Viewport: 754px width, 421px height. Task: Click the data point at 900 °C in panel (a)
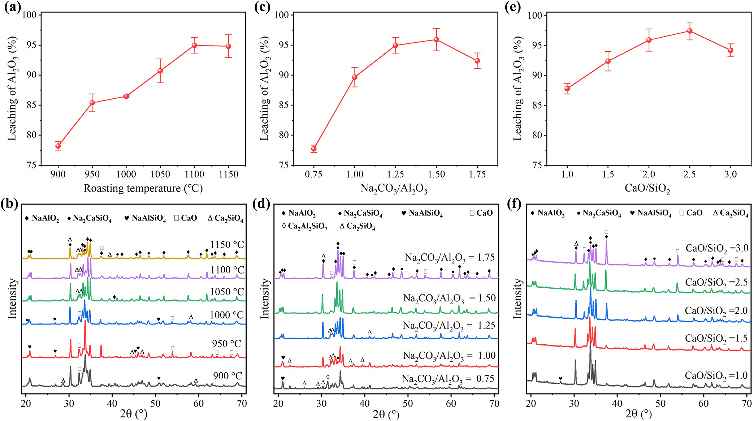pyautogui.click(x=58, y=146)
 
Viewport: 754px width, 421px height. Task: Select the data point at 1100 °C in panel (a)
pyautogui.click(x=194, y=45)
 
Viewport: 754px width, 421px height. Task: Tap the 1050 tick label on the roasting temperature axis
pyautogui.click(x=160, y=175)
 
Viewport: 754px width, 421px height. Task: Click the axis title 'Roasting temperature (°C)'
pyautogui.click(x=143, y=189)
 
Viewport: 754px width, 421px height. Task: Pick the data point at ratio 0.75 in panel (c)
pyautogui.click(x=313, y=149)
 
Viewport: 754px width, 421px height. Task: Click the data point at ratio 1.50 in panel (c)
pyautogui.click(x=436, y=39)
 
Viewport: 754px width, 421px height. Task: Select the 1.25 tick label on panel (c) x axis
pyautogui.click(x=395, y=175)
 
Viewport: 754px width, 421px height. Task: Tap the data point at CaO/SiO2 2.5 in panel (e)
pyautogui.click(x=690, y=31)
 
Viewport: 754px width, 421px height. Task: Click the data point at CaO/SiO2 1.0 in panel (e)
pyautogui.click(x=567, y=89)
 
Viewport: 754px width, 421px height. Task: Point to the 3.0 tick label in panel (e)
pyautogui.click(x=731, y=175)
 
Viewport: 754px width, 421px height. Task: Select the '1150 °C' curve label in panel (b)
pyautogui.click(x=227, y=245)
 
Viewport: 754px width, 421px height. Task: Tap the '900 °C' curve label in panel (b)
pyautogui.click(x=227, y=376)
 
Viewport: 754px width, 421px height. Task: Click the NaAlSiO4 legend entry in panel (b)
pyautogui.click(x=145, y=218)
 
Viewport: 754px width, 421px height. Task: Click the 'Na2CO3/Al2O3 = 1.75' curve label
pyautogui.click(x=450, y=258)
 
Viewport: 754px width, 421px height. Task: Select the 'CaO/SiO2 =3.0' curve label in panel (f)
pyautogui.click(x=717, y=249)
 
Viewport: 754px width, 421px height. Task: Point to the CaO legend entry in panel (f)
pyautogui.click(x=691, y=213)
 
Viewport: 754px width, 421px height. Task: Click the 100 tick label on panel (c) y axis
pyautogui.click(x=282, y=15)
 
